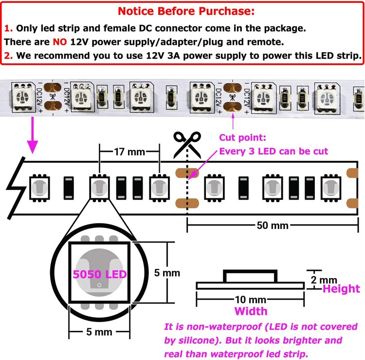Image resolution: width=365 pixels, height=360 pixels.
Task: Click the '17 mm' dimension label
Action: (x=129, y=152)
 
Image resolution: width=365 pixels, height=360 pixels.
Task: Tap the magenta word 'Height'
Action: (x=342, y=289)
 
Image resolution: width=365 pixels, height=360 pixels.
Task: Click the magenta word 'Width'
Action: (x=251, y=311)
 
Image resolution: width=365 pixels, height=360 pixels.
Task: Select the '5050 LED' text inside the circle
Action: (x=100, y=274)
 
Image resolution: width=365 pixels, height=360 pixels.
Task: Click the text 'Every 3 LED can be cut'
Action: (x=274, y=151)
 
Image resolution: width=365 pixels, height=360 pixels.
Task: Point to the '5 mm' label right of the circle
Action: (x=167, y=273)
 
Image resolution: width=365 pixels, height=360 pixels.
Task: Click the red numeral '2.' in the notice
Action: (x=8, y=56)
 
